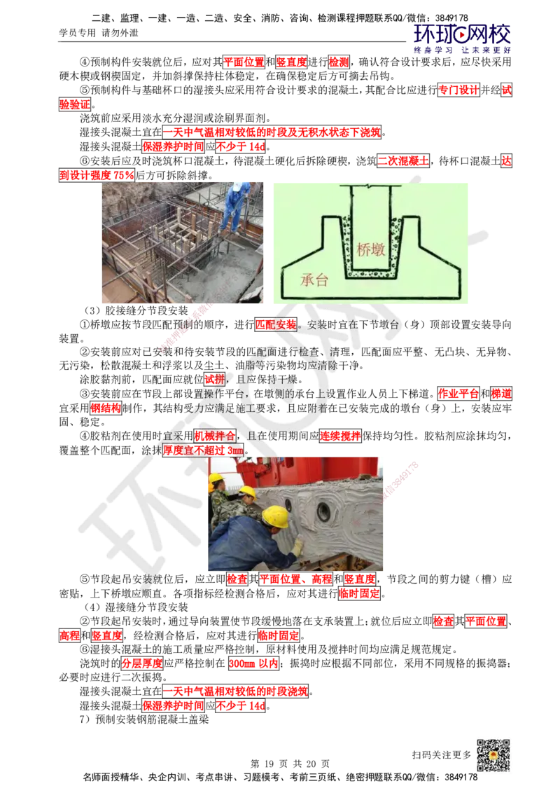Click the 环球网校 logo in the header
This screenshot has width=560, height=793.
462,39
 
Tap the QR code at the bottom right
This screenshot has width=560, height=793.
493,756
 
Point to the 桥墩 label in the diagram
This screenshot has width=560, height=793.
370,249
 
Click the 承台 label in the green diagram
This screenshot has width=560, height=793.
314,280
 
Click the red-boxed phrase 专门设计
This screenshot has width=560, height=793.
458,90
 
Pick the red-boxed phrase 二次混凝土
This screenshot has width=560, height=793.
403,161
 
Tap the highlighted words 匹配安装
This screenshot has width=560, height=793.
276,324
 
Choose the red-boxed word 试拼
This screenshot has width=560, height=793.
214,379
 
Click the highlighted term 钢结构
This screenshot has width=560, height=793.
106,408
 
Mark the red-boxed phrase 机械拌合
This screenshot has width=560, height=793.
215,436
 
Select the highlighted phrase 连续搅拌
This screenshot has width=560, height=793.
340,436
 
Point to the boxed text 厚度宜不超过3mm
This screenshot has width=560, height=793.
203,450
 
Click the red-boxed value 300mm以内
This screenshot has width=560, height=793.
253,663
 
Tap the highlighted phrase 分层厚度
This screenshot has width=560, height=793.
142,663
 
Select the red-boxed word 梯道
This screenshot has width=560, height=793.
501,394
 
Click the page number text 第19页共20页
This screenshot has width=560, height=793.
290,764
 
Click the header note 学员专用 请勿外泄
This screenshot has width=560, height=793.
99,34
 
